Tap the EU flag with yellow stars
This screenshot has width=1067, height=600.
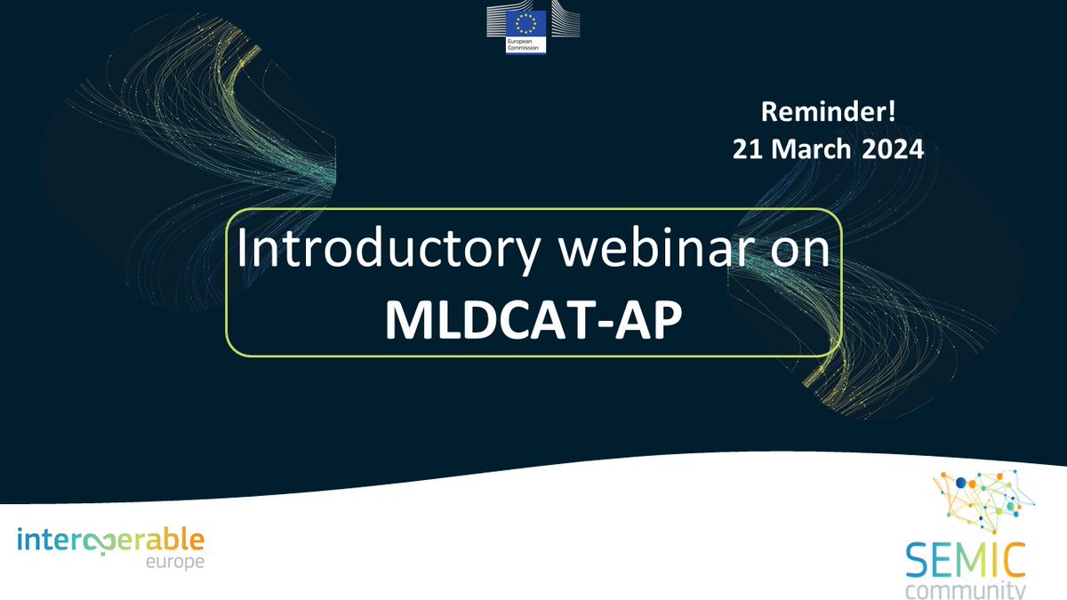[525, 21]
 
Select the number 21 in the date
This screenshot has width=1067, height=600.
[748, 149]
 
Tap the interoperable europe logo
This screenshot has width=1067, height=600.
[110, 547]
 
